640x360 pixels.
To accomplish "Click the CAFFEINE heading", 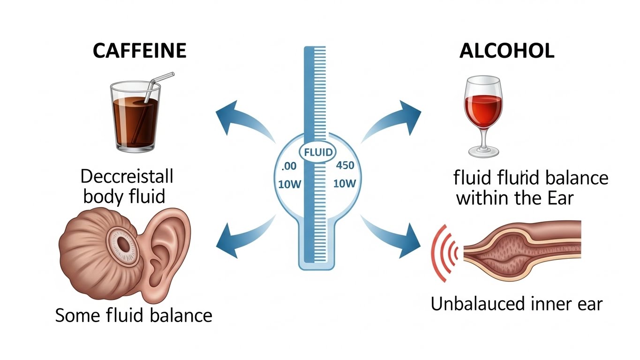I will (x=139, y=51).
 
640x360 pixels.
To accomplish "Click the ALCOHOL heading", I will (x=506, y=51).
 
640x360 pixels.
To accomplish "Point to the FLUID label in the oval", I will (x=318, y=152).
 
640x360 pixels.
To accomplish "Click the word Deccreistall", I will (x=127, y=177).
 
